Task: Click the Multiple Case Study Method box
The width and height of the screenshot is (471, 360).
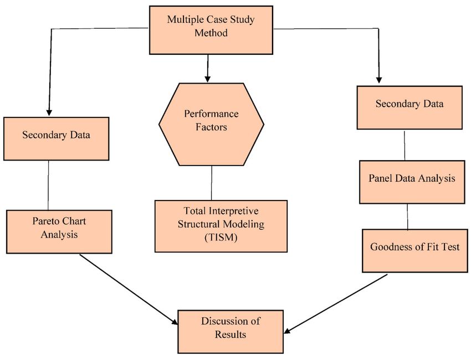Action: pyautogui.click(x=211, y=30)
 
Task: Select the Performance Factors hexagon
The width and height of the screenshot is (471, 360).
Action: pyautogui.click(x=211, y=124)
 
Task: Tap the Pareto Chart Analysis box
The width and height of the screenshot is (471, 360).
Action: pyautogui.click(x=59, y=232)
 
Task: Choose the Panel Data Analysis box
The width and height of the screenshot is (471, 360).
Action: pyautogui.click(x=412, y=182)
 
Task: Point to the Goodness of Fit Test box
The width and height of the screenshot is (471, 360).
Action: pyautogui.click(x=415, y=251)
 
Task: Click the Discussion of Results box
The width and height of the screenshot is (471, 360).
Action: pyautogui.click(x=231, y=331)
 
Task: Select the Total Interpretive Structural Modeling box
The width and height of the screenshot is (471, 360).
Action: pyautogui.click(x=221, y=226)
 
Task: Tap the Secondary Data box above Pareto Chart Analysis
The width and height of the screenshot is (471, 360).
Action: pyautogui.click(x=56, y=138)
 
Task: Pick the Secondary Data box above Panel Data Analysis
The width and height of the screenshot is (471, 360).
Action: pyautogui.click(x=409, y=107)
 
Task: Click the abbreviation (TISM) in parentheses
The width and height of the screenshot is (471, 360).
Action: pyautogui.click(x=221, y=238)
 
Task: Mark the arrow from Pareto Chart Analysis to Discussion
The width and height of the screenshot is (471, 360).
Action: pyautogui.click(x=129, y=290)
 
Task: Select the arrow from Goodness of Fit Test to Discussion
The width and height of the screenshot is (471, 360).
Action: pyautogui.click(x=336, y=304)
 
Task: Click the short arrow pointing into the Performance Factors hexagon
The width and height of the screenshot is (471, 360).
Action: pyautogui.click(x=207, y=69)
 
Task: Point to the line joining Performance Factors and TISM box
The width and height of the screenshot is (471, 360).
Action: pyautogui.click(x=212, y=183)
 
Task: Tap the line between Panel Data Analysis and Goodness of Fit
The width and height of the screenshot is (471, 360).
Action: pyautogui.click(x=407, y=217)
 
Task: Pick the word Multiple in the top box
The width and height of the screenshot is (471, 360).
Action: pyautogui.click(x=184, y=19)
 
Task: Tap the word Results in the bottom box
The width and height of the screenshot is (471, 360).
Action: pyautogui.click(x=231, y=334)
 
